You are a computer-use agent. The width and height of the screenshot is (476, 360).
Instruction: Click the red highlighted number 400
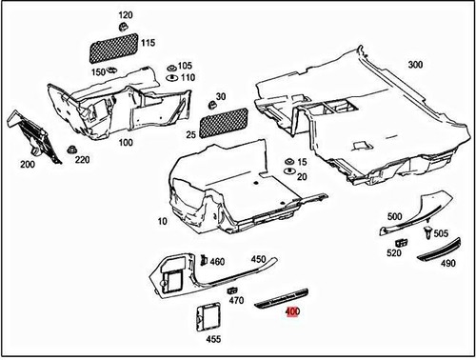coord(292,325)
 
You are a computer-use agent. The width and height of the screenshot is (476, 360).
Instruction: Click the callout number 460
coord(217,261)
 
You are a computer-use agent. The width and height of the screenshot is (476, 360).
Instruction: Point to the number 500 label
coord(395,217)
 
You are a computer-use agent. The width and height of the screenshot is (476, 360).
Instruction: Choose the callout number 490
coord(448,263)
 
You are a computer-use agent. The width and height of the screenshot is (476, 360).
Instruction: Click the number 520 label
coord(393,253)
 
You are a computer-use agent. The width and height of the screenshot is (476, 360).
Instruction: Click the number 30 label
coord(222,96)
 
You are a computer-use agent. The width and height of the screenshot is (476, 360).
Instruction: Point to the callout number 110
coord(188,77)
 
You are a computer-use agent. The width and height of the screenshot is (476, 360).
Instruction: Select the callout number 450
coord(259,259)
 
